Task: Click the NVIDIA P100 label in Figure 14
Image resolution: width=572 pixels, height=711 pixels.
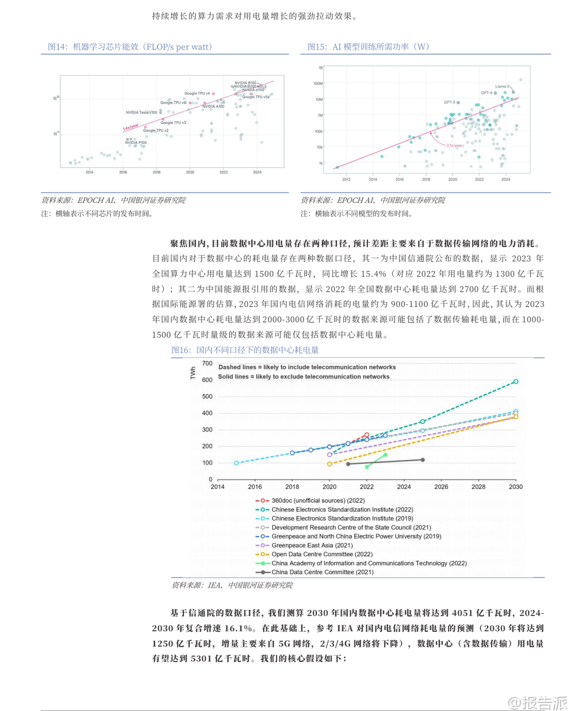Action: pyautogui.click(x=136, y=143)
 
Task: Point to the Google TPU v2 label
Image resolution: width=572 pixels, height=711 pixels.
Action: pyautogui.click(x=156, y=130)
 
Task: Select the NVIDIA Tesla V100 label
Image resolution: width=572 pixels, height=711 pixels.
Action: pyautogui.click(x=142, y=113)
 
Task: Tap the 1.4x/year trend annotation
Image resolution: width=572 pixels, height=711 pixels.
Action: pyautogui.click(x=130, y=128)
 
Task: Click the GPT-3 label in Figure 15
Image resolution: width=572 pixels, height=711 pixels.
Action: pyautogui.click(x=450, y=102)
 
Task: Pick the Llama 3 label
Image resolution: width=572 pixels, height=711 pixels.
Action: pyautogui.click(x=502, y=86)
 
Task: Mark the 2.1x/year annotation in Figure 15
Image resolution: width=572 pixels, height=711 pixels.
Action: pyautogui.click(x=454, y=145)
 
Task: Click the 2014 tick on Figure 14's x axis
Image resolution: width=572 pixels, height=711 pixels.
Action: pyautogui.click(x=89, y=172)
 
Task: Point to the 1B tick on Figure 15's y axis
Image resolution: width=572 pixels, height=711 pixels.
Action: pyautogui.click(x=320, y=68)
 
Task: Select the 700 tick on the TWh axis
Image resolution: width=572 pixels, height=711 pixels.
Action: pyautogui.click(x=208, y=364)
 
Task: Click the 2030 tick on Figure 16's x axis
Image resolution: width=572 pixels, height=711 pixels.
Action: pyautogui.click(x=515, y=487)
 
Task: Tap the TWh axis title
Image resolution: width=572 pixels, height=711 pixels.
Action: pyautogui.click(x=193, y=373)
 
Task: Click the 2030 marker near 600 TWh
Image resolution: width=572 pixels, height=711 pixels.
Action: pyautogui.click(x=516, y=381)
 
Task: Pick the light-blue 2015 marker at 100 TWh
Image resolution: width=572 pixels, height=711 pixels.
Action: pyautogui.click(x=236, y=463)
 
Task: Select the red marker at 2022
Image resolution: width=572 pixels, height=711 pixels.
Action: pyautogui.click(x=367, y=435)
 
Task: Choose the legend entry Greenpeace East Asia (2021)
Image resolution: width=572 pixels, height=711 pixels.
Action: pyautogui.click(x=312, y=545)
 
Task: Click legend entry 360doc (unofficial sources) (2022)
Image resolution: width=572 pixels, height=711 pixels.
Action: pyautogui.click(x=318, y=500)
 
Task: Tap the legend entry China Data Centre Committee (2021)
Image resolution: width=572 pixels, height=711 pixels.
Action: pyautogui.click(x=322, y=572)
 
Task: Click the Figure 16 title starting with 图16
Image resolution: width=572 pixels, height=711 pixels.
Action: pyautogui.click(x=245, y=350)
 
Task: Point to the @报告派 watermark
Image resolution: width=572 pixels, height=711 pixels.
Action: pyautogui.click(x=537, y=702)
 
